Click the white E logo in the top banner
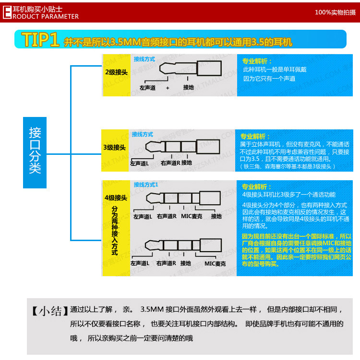[7, 12]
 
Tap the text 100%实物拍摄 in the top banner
[335, 12]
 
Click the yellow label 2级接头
[116, 72]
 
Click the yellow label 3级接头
[115, 148]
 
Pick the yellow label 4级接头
[116, 197]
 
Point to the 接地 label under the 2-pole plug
[188, 88]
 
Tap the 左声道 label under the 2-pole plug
[148, 88]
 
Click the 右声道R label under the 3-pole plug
[170, 163]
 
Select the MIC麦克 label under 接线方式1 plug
[191, 216]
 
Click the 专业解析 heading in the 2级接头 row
[256, 61]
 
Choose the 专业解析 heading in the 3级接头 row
[255, 136]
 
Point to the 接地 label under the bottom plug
[186, 263]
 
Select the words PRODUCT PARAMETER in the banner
[45, 16]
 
